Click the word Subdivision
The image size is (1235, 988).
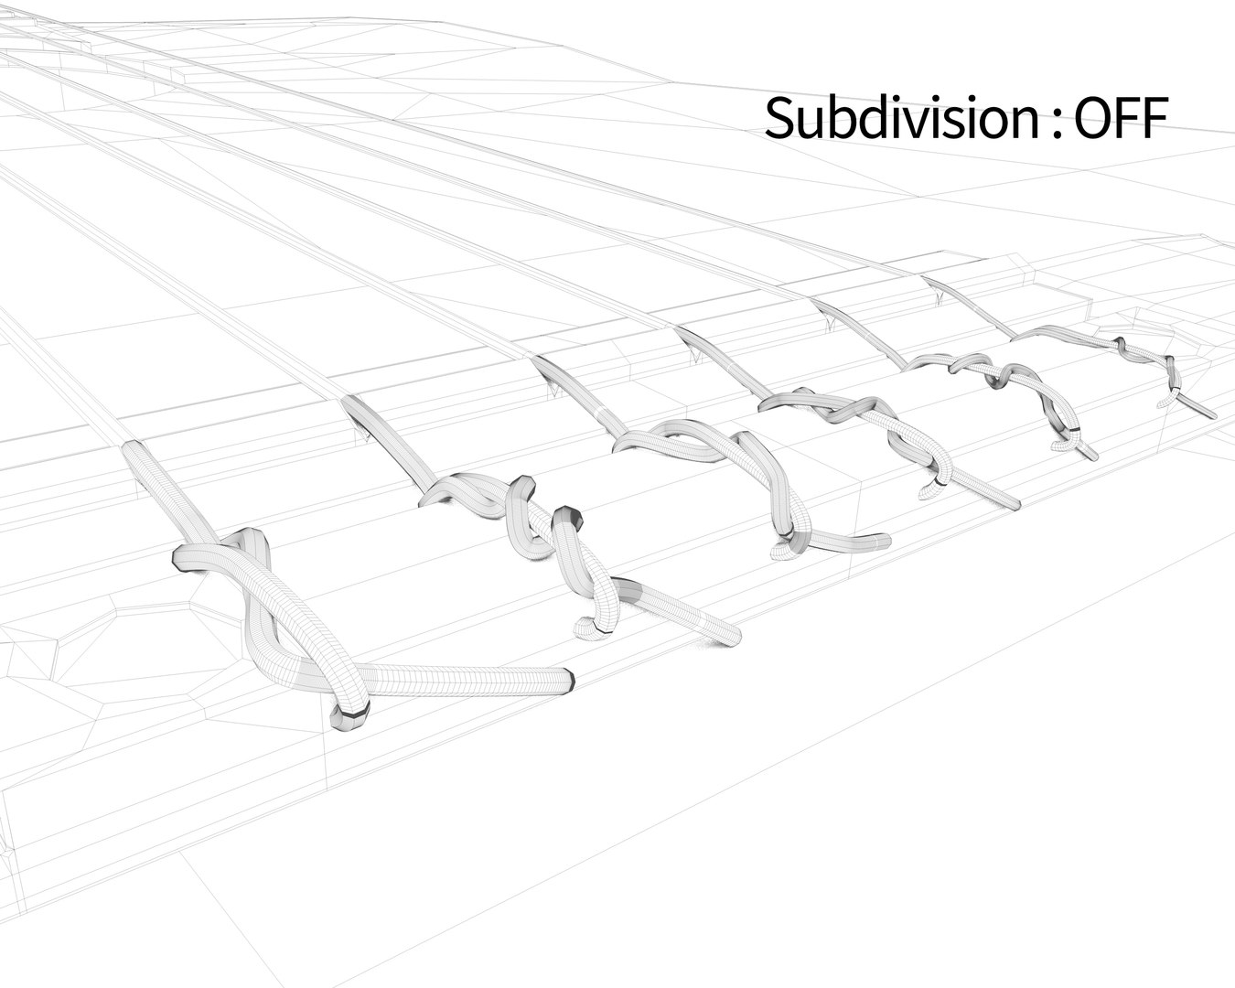click(x=902, y=118)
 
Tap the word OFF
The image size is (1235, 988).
click(x=1121, y=118)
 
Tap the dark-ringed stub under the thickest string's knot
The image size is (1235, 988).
click(x=349, y=716)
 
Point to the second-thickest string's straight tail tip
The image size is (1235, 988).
click(x=735, y=639)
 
